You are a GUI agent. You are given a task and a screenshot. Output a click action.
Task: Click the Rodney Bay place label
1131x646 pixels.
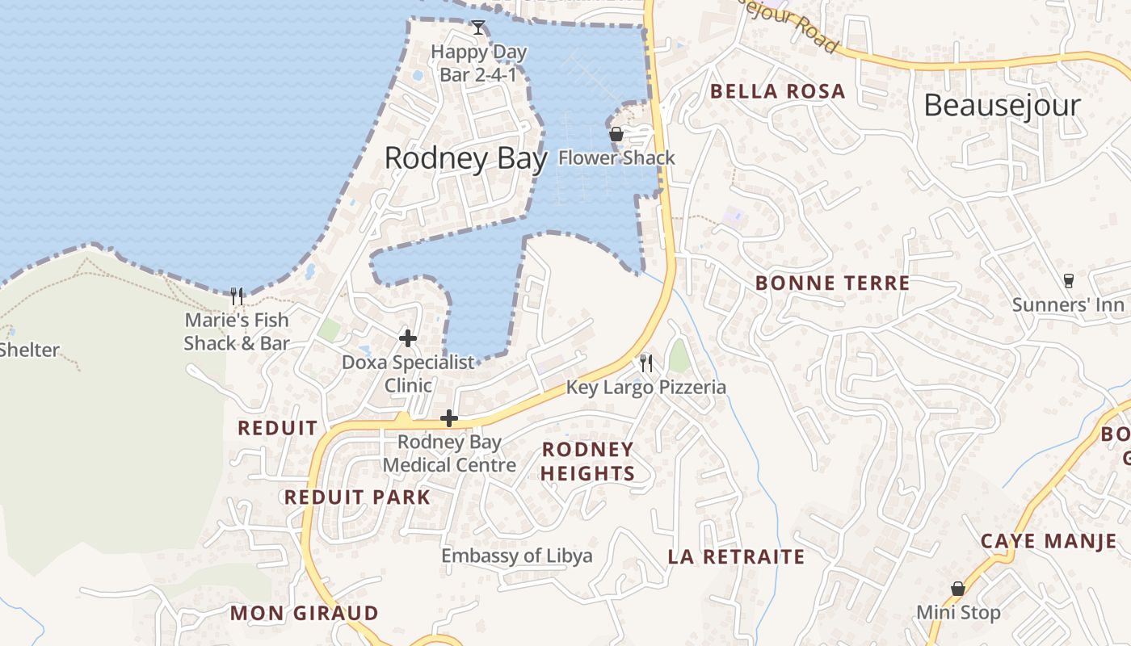tap(465, 158)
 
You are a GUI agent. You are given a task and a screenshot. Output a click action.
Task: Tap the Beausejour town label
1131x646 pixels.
tap(1002, 105)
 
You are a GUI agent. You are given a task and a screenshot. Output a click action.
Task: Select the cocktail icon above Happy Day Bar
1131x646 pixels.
tap(478, 28)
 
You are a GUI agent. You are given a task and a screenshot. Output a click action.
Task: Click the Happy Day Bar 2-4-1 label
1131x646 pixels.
tap(478, 64)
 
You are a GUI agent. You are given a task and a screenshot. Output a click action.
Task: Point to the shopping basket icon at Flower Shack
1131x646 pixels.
tap(616, 134)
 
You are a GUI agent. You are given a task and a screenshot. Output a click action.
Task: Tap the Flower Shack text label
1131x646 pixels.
tap(616, 157)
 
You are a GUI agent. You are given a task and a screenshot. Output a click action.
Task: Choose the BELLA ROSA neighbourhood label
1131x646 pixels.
tap(777, 91)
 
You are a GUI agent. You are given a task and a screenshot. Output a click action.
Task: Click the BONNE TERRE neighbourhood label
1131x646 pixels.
tap(832, 283)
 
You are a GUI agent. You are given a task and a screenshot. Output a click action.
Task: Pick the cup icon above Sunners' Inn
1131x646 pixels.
tap(1069, 280)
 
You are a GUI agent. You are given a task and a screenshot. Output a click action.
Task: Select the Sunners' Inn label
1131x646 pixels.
tap(1068, 304)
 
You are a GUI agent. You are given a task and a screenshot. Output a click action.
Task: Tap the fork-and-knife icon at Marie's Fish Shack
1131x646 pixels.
tap(237, 296)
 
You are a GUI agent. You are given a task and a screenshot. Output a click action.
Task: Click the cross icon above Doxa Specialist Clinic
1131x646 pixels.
tap(408, 338)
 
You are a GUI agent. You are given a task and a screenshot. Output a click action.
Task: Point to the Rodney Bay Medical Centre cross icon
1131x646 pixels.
tap(449, 418)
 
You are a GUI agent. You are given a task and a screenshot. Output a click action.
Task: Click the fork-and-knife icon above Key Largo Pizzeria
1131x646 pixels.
tap(645, 363)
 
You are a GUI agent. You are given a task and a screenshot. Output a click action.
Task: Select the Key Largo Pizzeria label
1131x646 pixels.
tap(645, 387)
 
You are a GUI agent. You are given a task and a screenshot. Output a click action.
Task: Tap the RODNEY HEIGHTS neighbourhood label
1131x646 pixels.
tap(587, 461)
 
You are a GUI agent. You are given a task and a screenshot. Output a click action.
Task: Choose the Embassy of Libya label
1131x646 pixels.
tap(516, 556)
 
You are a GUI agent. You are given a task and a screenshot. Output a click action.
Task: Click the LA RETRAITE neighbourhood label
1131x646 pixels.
tap(736, 557)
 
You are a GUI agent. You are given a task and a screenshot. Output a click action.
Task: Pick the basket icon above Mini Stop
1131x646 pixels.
tap(958, 589)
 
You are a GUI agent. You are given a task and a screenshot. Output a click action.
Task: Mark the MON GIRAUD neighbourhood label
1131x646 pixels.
tap(304, 613)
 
